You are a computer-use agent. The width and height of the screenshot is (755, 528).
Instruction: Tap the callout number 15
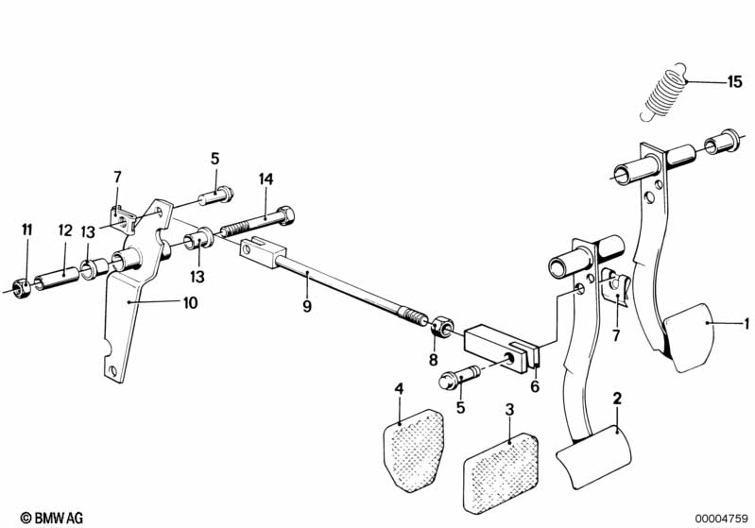pyautogui.click(x=734, y=82)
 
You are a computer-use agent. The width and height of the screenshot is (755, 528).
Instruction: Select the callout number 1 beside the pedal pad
pyautogui.click(x=746, y=324)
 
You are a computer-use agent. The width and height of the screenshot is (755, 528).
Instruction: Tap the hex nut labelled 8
pyautogui.click(x=438, y=329)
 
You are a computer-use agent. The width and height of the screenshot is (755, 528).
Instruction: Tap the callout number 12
pyautogui.click(x=65, y=230)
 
